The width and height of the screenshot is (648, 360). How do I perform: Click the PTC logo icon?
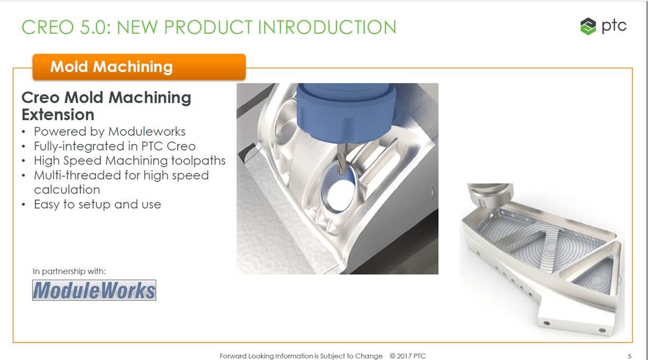588,26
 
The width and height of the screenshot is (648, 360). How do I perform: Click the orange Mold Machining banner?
139,67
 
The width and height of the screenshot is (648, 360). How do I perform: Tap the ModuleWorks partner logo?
94,290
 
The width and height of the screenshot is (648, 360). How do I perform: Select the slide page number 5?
629,356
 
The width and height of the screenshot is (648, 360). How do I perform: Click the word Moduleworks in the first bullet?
147,132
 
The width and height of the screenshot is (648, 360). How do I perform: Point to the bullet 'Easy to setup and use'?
97,205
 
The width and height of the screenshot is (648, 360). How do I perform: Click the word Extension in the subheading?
58,115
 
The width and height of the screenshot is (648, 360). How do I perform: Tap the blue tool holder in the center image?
346,113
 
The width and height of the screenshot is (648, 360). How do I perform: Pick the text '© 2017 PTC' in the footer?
408,356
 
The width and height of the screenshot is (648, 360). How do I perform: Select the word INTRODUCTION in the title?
327,27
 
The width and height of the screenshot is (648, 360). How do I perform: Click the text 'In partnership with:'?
69,271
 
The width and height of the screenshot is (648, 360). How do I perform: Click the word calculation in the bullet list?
67,190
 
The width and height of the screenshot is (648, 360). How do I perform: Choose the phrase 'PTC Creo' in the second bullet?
168,146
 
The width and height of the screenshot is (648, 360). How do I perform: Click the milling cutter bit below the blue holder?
341,159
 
